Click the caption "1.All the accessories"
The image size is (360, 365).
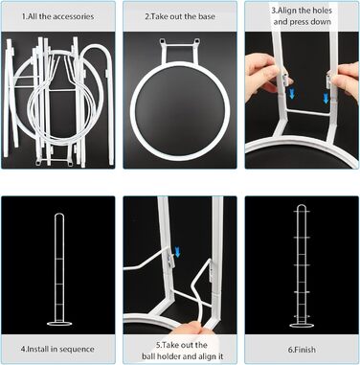click(x=57, y=16)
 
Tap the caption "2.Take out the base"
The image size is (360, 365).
click(x=180, y=16)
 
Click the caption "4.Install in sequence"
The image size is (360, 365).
click(x=57, y=349)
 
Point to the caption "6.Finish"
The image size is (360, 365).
click(x=302, y=350)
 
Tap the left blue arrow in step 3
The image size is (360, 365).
click(x=291, y=95)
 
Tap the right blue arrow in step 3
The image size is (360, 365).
click(x=326, y=99)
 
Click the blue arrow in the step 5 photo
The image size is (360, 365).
click(x=178, y=252)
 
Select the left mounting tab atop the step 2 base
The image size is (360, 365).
click(x=163, y=41)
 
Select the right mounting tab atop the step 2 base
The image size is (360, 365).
click(x=197, y=41)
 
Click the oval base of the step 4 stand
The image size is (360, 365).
click(x=59, y=324)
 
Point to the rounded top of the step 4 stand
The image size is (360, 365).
click(x=59, y=215)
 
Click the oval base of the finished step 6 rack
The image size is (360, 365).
click(x=302, y=326)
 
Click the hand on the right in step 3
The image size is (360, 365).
click(x=347, y=80)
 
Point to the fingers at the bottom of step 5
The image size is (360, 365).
click(x=191, y=328)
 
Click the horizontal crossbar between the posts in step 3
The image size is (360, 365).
click(x=308, y=112)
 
